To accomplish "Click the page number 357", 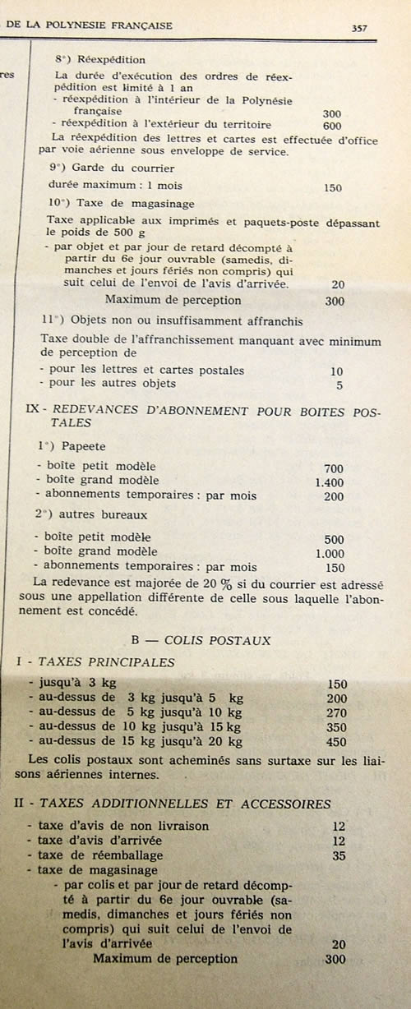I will pos(359,27).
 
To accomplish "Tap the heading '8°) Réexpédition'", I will pos(100,60).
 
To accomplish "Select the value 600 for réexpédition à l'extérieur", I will pos(332,126).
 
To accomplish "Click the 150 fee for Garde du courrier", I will pos(332,187).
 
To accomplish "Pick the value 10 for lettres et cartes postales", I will pos(336,371).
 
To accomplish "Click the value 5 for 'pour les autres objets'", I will pos(339,384).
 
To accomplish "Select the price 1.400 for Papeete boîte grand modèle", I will pos(329,482).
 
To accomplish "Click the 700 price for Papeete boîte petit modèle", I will pos(333,468).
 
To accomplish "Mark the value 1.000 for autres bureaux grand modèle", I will pos(329,553).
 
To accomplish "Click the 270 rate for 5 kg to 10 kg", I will pos(336,713).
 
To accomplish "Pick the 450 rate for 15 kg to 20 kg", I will pos(336,742).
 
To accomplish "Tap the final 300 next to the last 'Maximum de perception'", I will pos(335,959).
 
